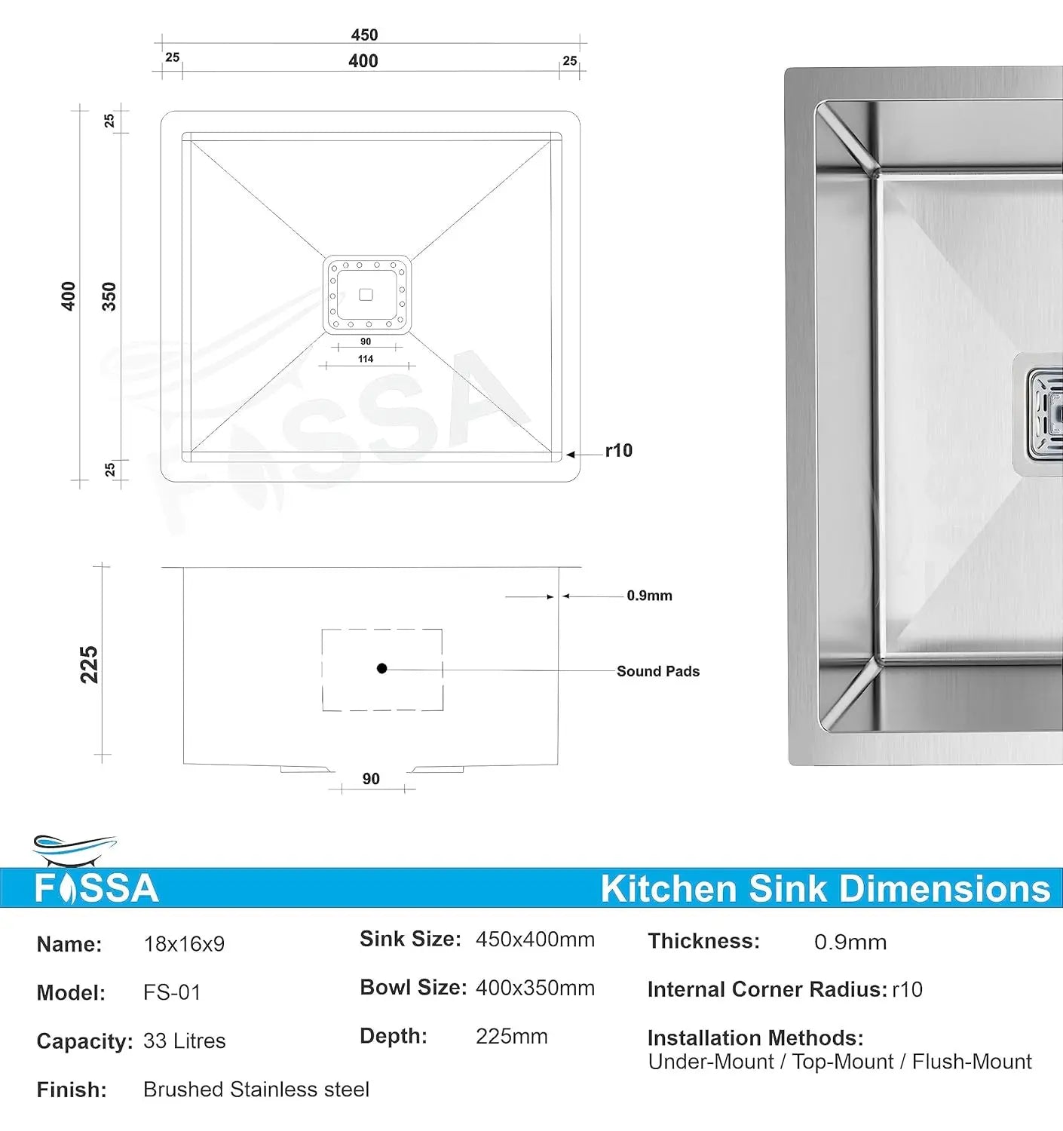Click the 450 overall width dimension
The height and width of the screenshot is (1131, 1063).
(x=364, y=35)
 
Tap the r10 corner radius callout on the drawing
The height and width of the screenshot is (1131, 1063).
(x=618, y=451)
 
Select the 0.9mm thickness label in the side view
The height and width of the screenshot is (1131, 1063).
(x=649, y=596)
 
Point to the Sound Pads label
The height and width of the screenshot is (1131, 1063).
(x=657, y=671)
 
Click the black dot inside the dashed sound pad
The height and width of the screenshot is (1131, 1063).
(x=382, y=668)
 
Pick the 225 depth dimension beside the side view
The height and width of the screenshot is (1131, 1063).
(x=89, y=664)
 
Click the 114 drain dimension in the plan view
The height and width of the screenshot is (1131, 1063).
(x=366, y=359)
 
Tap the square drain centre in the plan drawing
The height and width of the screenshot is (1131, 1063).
(x=366, y=295)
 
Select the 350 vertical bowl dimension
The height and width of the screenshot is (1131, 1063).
(x=109, y=296)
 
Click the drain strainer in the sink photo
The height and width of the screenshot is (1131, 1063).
(x=1046, y=415)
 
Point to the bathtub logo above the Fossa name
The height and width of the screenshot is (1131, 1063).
(x=74, y=850)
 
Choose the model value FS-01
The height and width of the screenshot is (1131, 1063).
(x=172, y=992)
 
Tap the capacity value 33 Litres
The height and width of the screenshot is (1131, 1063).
(x=184, y=1041)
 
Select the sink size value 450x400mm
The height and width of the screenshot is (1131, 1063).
(x=535, y=939)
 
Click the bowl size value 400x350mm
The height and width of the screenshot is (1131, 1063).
(x=535, y=988)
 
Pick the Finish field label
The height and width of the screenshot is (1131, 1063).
(x=72, y=1090)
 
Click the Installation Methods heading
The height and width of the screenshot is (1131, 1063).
(x=755, y=1038)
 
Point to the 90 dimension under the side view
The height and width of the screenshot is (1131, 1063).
(x=371, y=779)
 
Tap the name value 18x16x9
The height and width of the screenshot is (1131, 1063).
(x=184, y=944)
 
